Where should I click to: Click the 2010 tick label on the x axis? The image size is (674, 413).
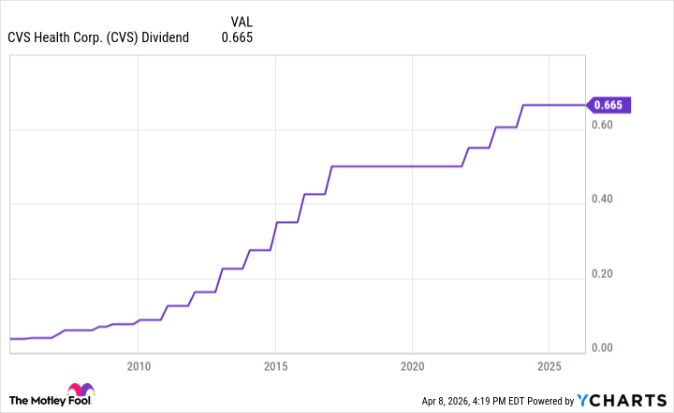(139, 364)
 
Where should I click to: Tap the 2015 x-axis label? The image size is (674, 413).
(276, 364)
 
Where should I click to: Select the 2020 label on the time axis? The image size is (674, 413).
(414, 364)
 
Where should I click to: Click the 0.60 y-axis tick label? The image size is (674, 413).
(604, 125)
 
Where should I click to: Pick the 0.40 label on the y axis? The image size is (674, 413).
(604, 199)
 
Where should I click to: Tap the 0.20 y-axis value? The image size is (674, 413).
(604, 274)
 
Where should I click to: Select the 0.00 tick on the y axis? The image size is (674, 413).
(604, 348)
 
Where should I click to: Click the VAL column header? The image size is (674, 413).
(242, 20)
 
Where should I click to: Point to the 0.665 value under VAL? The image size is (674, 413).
(237, 37)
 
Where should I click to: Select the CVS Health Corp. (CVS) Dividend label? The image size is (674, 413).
(98, 37)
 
